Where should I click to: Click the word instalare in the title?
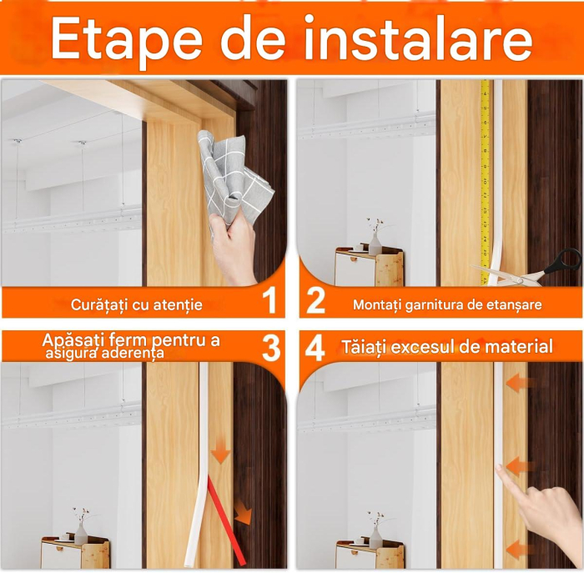pyautogui.click(x=418, y=38)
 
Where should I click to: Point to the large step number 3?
pyautogui.click(x=271, y=348)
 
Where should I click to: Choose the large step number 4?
pyautogui.click(x=315, y=348)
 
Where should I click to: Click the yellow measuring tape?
pyautogui.click(x=485, y=183)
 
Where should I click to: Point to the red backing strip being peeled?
pyautogui.click(x=226, y=520)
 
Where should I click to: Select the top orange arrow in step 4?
pyautogui.click(x=520, y=383)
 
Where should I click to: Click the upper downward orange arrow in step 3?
pyautogui.click(x=220, y=451)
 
